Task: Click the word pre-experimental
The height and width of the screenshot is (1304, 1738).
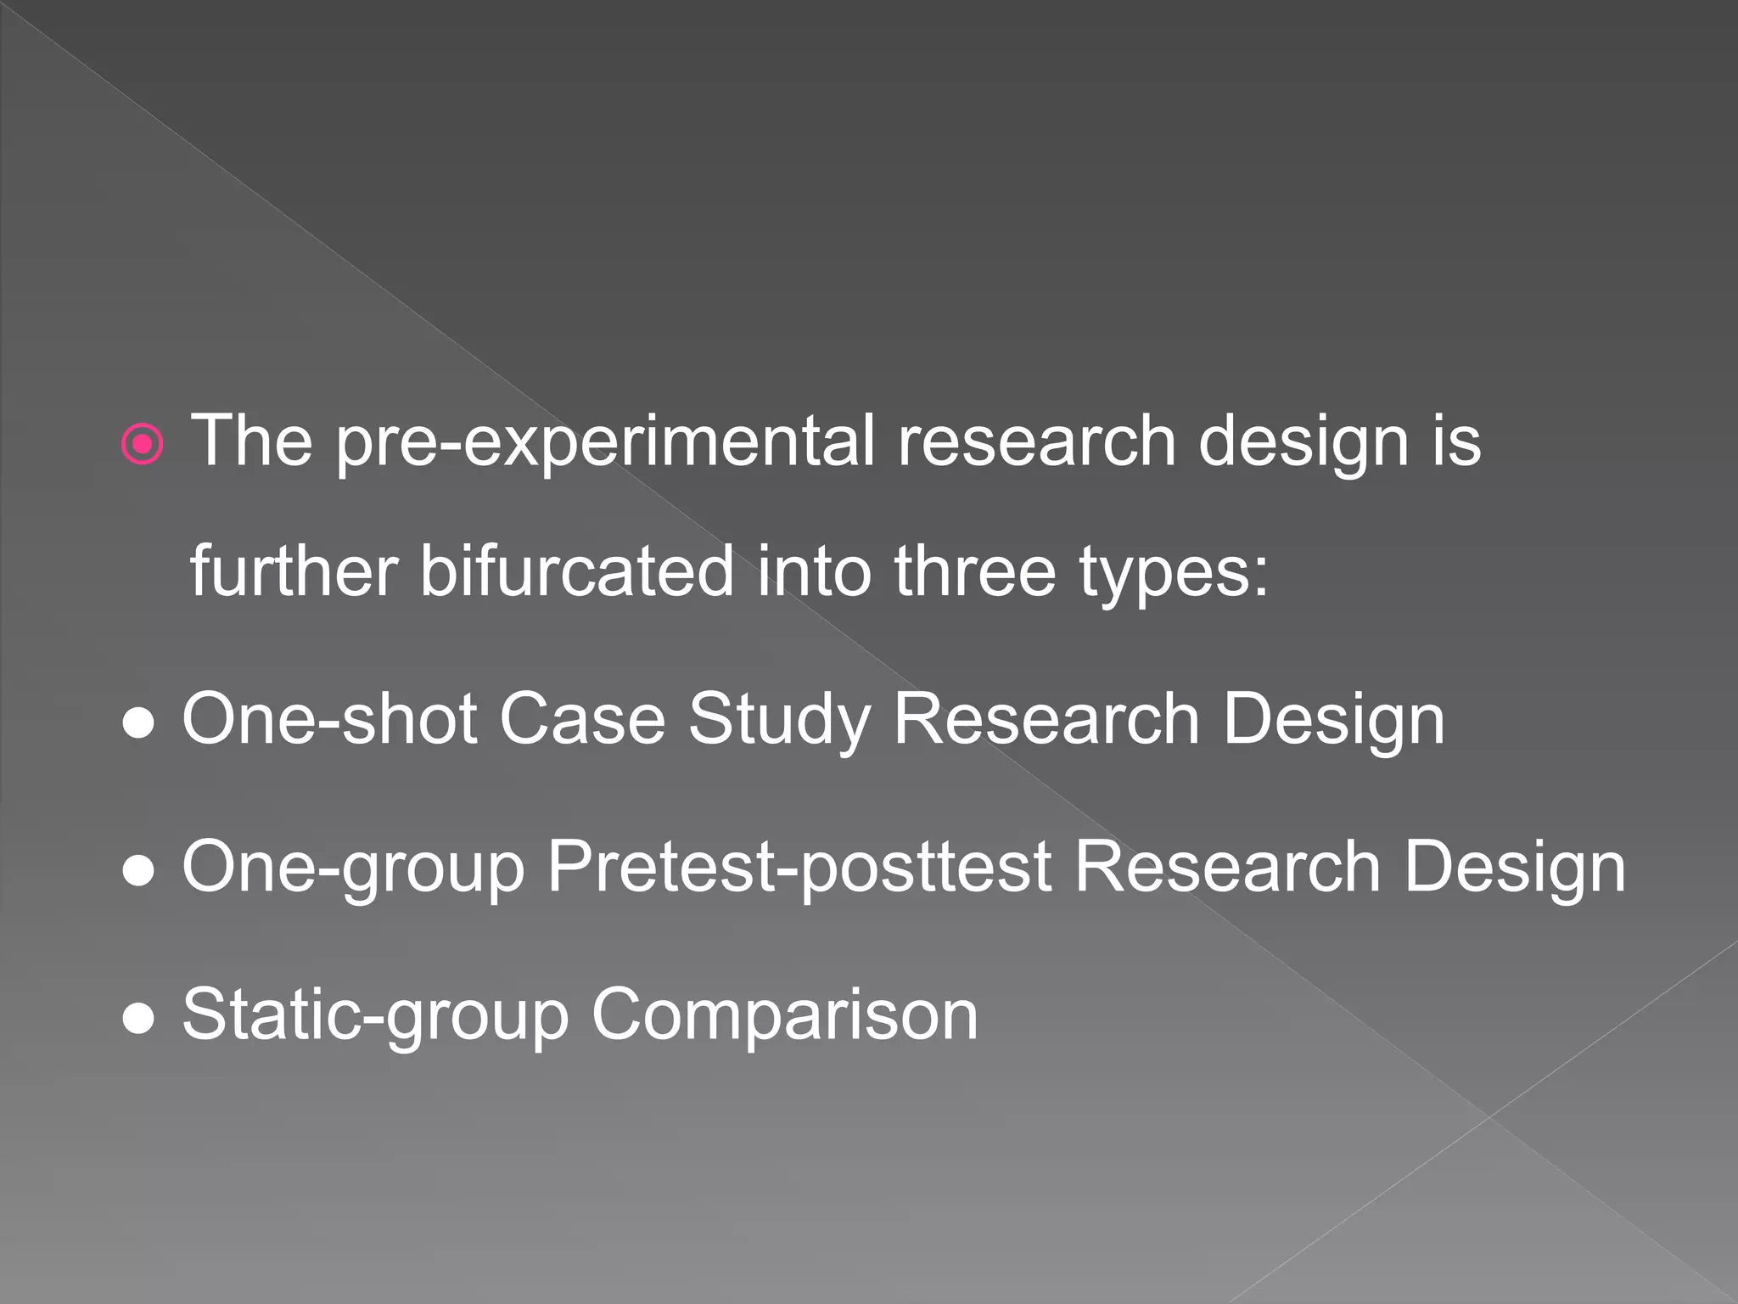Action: tap(605, 442)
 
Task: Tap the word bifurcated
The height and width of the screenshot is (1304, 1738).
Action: tap(577, 571)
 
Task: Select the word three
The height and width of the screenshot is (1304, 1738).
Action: tap(975, 571)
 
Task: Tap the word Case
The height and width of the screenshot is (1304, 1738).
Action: tap(582, 719)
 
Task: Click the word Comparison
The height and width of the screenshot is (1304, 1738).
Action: tap(785, 1016)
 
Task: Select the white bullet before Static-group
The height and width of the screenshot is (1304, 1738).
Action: tap(138, 1020)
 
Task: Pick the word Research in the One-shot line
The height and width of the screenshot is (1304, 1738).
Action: tap(1046, 719)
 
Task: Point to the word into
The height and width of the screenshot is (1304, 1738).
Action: tap(814, 571)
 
